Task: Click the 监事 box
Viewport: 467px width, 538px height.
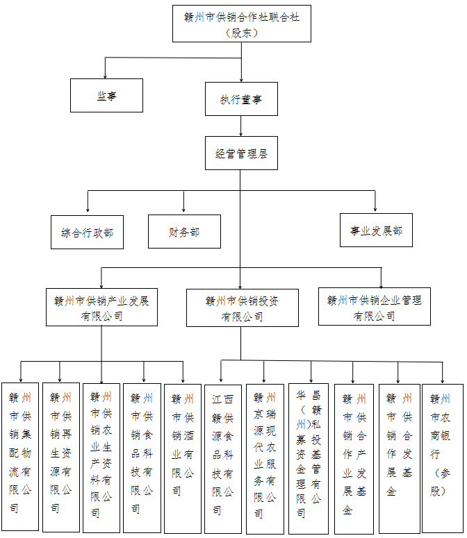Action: [106, 96]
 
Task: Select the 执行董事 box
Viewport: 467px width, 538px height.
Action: [241, 99]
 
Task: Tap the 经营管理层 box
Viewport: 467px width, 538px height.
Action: [241, 153]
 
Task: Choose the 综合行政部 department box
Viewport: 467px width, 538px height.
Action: [88, 233]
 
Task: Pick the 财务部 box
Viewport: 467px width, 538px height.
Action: [184, 232]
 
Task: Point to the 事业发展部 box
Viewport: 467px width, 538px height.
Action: [376, 230]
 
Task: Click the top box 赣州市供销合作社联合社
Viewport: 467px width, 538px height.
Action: [241, 24]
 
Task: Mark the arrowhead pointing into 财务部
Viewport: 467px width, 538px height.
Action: [183, 210]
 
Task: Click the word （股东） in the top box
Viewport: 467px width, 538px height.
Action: [241, 33]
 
